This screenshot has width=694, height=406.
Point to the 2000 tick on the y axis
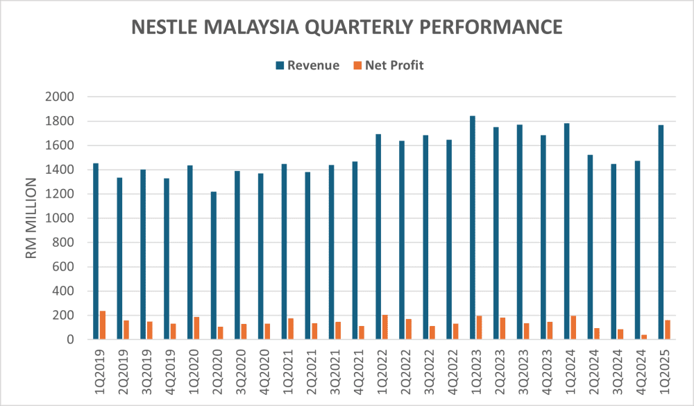coord(62,97)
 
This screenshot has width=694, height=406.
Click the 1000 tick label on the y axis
coord(62,218)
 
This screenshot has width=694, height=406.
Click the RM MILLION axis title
coord(31,218)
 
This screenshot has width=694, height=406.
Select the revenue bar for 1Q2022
coord(378,236)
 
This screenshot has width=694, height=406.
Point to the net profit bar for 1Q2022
coord(385,327)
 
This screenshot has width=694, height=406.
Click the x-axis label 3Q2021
coord(336,375)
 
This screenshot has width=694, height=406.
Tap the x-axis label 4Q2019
coord(171,375)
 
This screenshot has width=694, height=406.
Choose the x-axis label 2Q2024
coord(595,375)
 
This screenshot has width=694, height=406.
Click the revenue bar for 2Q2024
coord(591,247)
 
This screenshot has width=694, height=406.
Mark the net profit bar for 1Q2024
coord(574,327)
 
